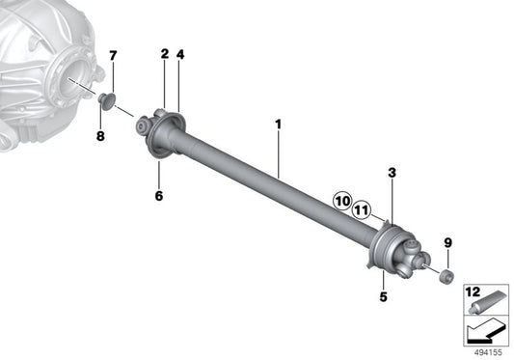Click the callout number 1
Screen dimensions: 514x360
point(278,125)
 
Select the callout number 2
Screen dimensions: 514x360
point(165,54)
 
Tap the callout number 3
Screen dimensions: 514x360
point(392,173)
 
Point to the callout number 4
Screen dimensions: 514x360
point(180,54)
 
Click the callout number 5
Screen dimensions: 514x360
point(383,296)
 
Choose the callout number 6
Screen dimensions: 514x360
point(159,196)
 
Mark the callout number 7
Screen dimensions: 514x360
point(113,56)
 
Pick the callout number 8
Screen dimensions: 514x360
point(100,135)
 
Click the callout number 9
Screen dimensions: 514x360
point(447,243)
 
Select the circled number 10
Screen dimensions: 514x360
point(342,201)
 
